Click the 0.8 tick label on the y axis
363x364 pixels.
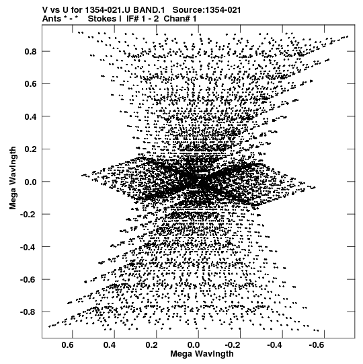30,51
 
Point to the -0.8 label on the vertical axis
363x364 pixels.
28,312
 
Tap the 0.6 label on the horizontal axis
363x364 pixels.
68,345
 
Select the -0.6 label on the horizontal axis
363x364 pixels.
317,345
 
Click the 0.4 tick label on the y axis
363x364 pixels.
30,116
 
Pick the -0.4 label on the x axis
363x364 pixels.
276,345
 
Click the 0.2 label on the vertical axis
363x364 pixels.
30,149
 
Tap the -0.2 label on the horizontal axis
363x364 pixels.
233,345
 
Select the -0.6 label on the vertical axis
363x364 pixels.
28,279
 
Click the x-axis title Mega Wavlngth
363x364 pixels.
202,354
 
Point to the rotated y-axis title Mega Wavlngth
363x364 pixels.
13,178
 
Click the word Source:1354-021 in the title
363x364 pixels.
206,10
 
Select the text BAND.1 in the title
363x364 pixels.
149,10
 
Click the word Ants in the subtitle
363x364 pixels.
52,19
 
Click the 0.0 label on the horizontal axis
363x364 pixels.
194,345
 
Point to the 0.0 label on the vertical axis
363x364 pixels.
30,182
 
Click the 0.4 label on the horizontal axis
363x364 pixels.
110,345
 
